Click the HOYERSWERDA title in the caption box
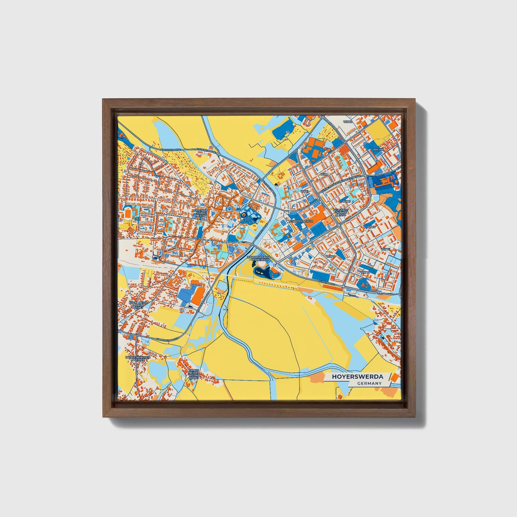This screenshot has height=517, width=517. [357, 377]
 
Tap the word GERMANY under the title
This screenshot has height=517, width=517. [369, 383]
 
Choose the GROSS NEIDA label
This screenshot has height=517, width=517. [194, 374]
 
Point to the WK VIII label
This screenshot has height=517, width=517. [378, 150]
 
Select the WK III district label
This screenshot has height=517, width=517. [346, 201]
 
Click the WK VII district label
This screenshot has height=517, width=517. [385, 249]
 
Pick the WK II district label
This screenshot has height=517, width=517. [304, 191]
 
